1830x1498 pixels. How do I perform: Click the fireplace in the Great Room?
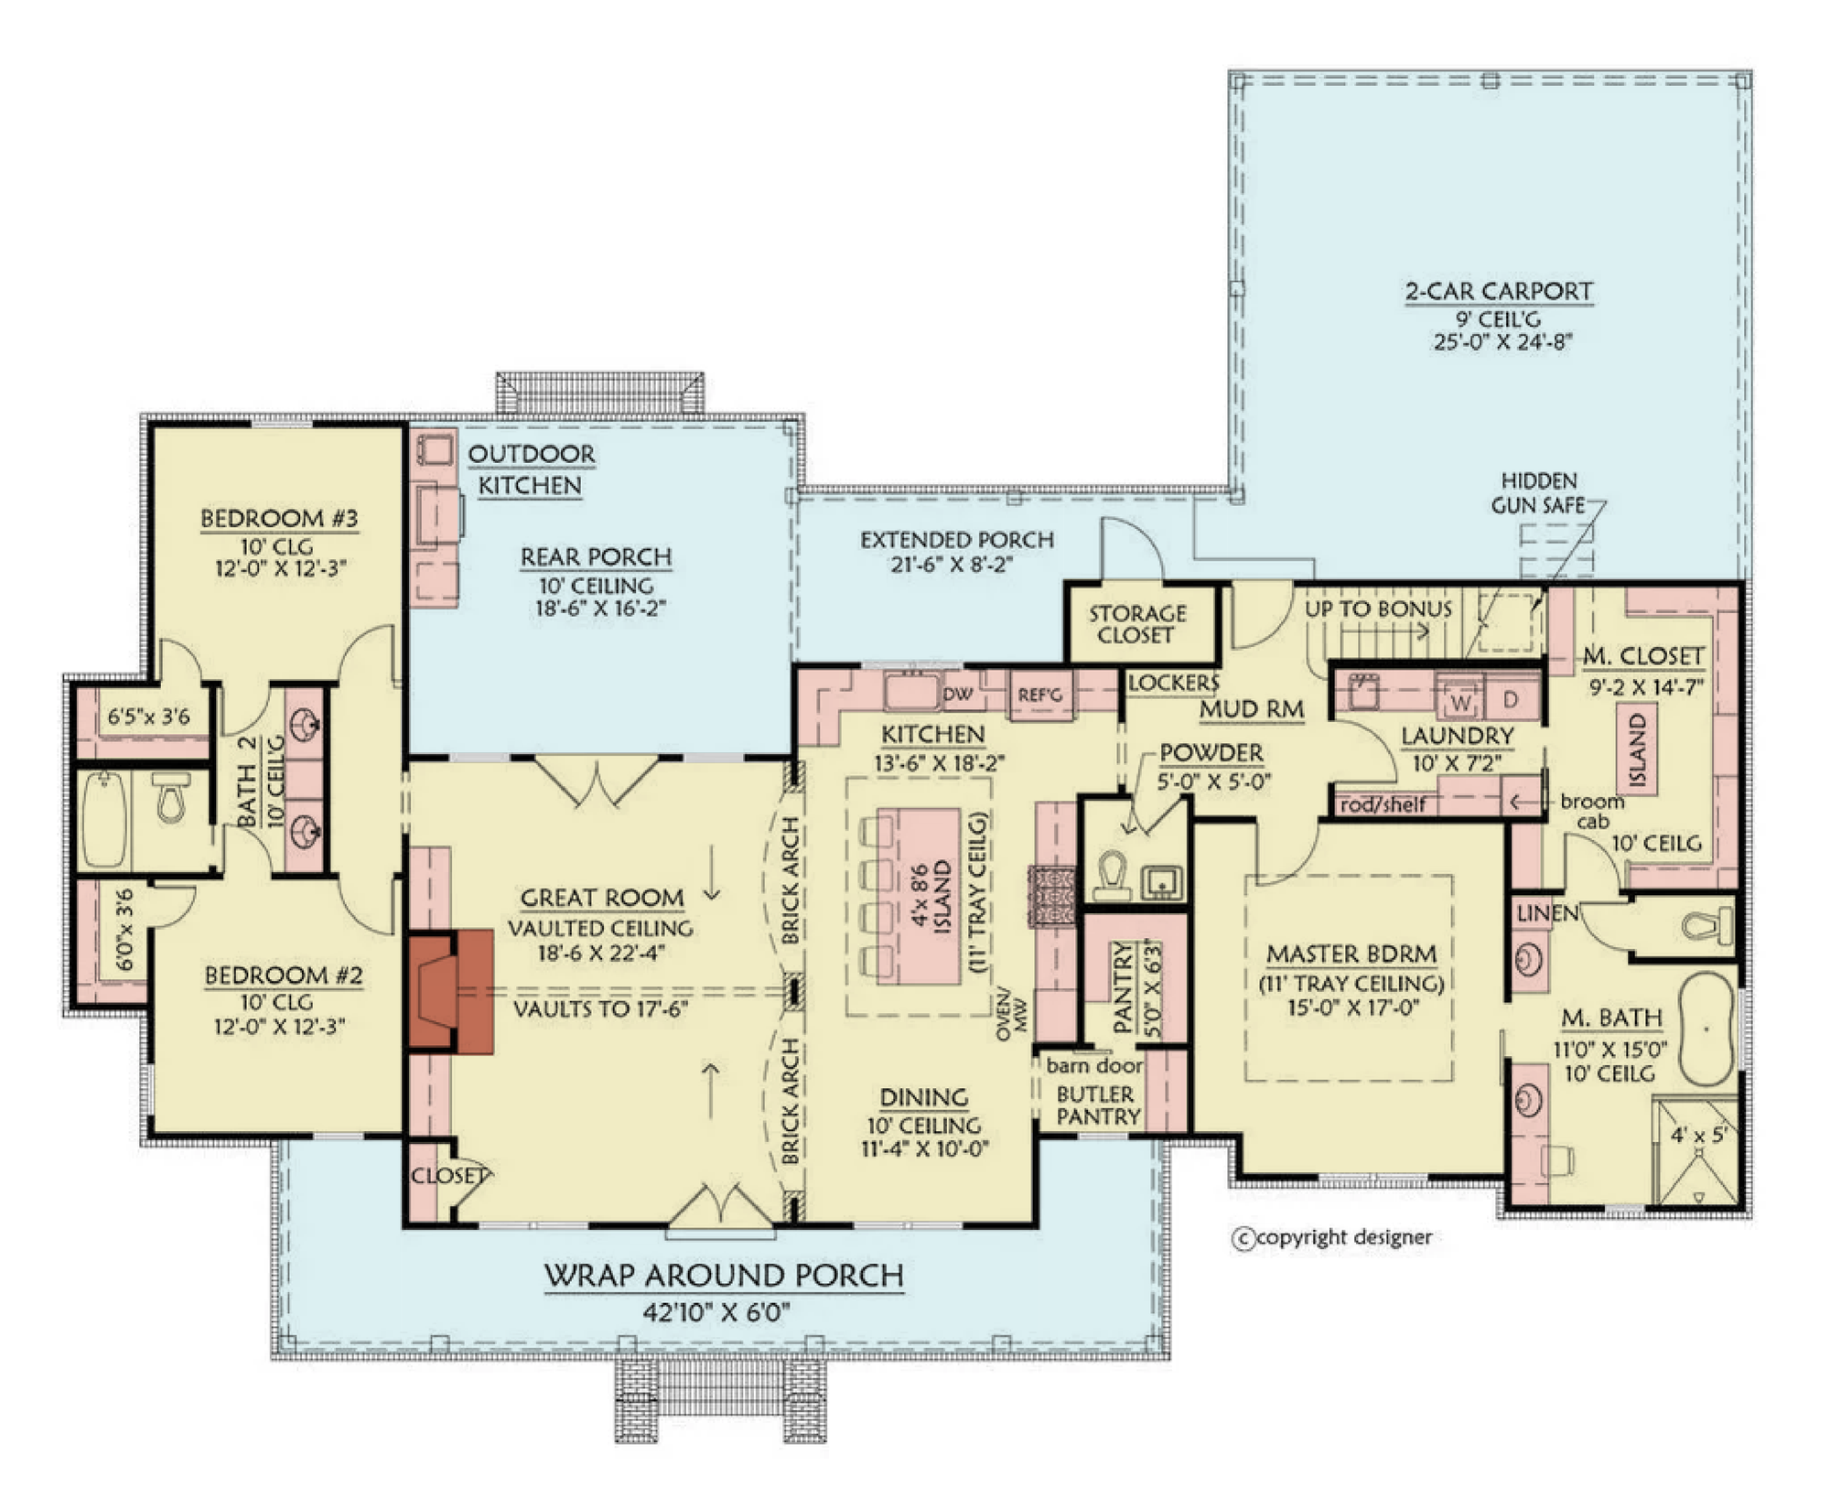(451, 991)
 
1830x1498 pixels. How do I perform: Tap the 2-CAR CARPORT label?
(1499, 291)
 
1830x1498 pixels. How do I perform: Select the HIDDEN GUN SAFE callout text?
(1539, 492)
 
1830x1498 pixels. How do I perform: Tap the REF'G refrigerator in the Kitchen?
(1040, 695)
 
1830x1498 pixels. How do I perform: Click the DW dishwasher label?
(958, 695)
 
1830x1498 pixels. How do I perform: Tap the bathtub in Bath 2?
(103, 819)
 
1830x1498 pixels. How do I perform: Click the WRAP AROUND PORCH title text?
(724, 1276)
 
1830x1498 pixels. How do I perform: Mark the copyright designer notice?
(1332, 1238)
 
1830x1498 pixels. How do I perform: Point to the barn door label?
(1094, 1065)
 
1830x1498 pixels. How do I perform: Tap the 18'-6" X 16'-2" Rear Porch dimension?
(600, 608)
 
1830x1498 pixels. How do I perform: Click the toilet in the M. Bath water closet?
(1706, 926)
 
